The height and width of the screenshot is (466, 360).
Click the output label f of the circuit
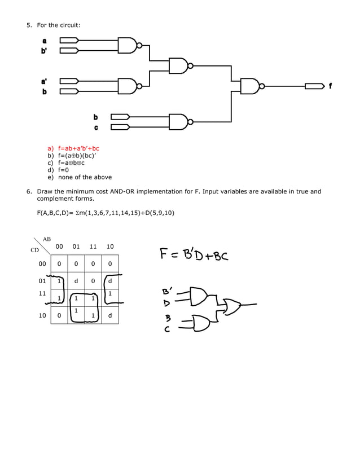(x=330, y=86)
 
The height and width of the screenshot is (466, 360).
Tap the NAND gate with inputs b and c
(x=179, y=122)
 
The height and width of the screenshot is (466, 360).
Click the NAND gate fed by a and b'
(x=128, y=45)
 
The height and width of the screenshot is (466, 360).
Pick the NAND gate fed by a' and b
(x=128, y=86)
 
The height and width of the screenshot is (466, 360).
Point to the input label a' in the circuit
(x=45, y=81)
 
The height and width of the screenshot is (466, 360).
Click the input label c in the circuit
(x=96, y=128)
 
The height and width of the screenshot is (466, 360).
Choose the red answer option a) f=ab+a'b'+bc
(x=73, y=148)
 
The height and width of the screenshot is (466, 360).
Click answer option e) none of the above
(x=80, y=177)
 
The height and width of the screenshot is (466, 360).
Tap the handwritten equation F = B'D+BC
(x=193, y=255)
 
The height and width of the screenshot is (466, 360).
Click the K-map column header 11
(x=93, y=247)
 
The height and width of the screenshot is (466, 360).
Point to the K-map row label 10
(x=42, y=316)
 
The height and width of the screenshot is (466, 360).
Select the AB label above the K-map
(x=47, y=239)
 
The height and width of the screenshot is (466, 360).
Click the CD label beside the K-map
(x=34, y=250)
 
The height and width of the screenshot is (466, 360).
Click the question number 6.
(x=29, y=192)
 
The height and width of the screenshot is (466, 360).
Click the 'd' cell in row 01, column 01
(x=76, y=280)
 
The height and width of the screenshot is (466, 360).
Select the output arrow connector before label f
(x=315, y=86)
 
